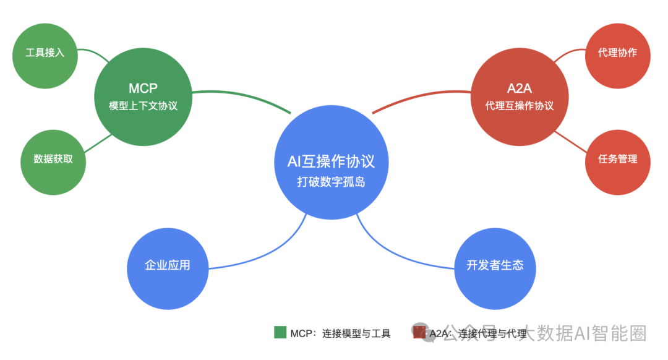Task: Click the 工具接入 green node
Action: (45, 53)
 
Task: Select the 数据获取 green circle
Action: (53, 159)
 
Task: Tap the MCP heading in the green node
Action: (143, 88)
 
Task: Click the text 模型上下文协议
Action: (143, 106)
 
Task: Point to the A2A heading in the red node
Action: (519, 88)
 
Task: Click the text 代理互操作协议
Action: (519, 106)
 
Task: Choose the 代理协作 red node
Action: (617, 53)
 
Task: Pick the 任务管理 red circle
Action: (617, 159)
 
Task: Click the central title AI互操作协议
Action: (331, 161)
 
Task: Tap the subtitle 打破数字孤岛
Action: (331, 182)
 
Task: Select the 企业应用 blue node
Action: (167, 265)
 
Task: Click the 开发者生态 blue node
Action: (495, 265)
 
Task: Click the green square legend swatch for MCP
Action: (280, 333)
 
